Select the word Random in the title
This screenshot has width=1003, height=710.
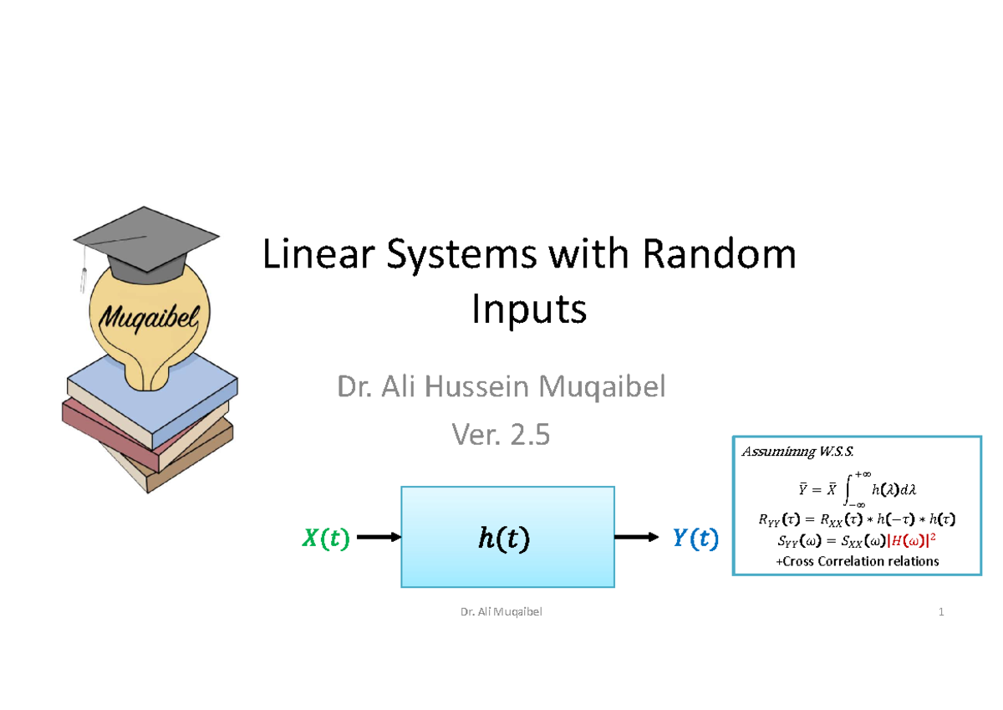[x=727, y=255]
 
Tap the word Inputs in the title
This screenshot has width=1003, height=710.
[x=529, y=310]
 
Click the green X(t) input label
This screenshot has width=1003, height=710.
[x=324, y=539]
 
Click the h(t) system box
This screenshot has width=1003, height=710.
[x=507, y=537]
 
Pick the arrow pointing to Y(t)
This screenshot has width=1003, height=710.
[x=637, y=537]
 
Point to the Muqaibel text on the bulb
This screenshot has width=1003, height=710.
[x=145, y=318]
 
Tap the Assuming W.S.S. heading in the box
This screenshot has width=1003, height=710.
[x=797, y=452]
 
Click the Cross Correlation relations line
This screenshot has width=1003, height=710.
[x=858, y=561]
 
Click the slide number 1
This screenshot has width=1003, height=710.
[x=941, y=612]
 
